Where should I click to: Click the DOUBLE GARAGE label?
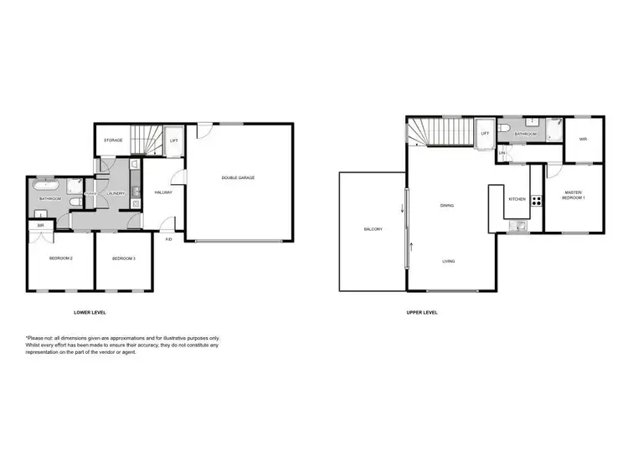[x=238, y=177]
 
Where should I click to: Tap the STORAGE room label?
[x=113, y=140]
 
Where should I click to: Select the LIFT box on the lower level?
[x=173, y=141]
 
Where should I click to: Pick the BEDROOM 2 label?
[x=60, y=259]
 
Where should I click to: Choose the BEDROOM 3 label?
[x=123, y=259]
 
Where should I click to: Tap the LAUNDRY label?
[x=116, y=194]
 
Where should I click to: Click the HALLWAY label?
[x=163, y=193]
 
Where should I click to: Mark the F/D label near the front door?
[x=168, y=239]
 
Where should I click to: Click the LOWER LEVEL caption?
[x=90, y=312]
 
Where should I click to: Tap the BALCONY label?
[x=373, y=229]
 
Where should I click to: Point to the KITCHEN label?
[x=517, y=199]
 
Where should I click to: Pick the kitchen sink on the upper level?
[x=521, y=223]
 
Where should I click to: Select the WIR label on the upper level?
[x=583, y=140]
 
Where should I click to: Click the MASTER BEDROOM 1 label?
[x=574, y=195]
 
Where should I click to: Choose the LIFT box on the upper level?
[x=485, y=133]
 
